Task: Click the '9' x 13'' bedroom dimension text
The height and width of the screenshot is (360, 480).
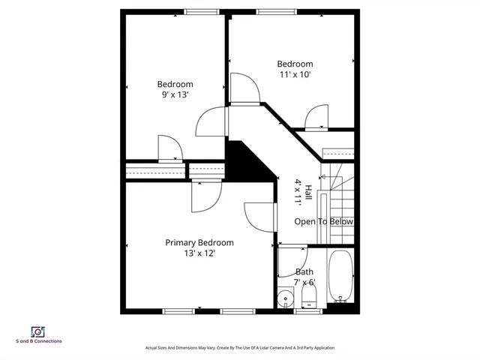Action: point(175,95)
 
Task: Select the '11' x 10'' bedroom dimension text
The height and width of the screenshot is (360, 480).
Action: point(295,75)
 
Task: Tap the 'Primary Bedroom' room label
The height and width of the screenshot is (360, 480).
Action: point(199,242)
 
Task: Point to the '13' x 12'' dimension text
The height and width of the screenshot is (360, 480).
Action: point(199,253)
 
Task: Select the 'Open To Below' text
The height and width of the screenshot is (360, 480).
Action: point(323,222)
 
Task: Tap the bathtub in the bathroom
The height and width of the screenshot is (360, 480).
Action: point(341,279)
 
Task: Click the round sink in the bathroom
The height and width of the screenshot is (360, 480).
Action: point(285,301)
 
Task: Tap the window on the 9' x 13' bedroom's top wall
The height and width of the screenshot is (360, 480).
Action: point(197,11)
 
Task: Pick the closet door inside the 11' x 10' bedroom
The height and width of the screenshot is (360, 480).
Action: point(316,117)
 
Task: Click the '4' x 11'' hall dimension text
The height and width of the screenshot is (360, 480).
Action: point(298,192)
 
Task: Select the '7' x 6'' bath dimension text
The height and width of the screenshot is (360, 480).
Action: point(304,283)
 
